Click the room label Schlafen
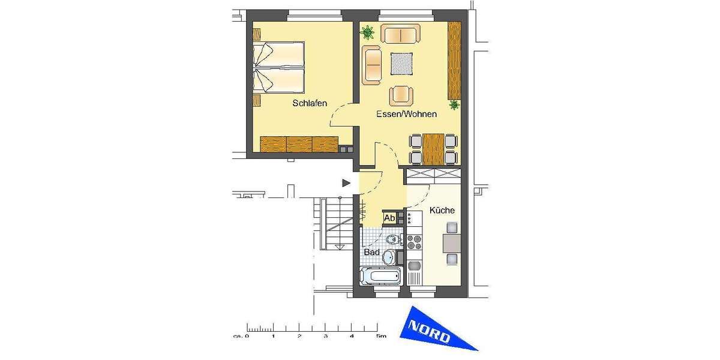tap(310, 103)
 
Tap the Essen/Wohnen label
tap(406, 114)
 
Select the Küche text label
tap(442, 211)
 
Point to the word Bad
tap(372, 253)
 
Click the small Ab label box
tap(389, 218)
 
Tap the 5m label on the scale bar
tap(382, 337)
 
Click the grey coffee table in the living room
tap(402, 64)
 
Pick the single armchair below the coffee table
tap(401, 95)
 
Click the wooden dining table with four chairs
tap(433, 148)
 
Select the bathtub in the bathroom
tap(380, 277)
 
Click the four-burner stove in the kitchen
tap(415, 242)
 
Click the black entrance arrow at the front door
tap(346, 182)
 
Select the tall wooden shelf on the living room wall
tap(454, 61)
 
